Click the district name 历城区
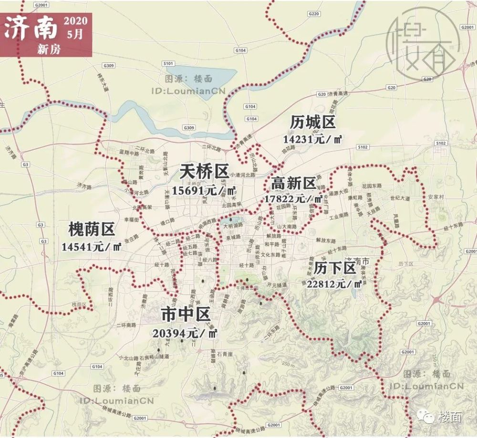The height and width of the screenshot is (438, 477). point(313,122)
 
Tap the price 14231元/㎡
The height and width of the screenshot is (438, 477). point(313,139)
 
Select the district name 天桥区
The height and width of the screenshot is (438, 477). point(204,172)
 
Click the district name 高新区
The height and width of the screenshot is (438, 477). point(293,183)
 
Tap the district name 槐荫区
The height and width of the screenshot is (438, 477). point(92,230)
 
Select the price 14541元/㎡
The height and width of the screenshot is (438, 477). point(91,247)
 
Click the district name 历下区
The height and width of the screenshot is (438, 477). point(335,268)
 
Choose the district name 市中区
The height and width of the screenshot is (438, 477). point(186,315)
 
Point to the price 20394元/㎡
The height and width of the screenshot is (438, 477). point(186,333)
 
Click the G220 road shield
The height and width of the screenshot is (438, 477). point(313,14)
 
